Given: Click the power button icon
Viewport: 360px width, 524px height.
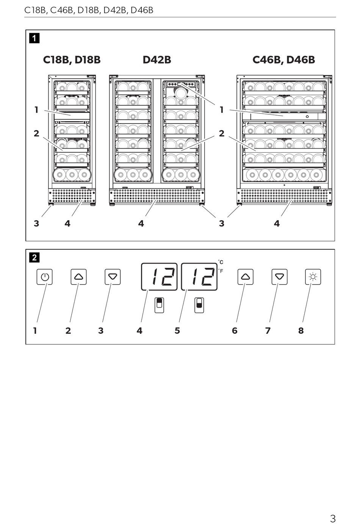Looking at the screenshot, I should (x=45, y=277).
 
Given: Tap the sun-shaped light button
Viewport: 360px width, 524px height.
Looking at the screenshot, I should (x=313, y=277).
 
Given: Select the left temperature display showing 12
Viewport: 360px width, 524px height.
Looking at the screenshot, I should (x=160, y=277).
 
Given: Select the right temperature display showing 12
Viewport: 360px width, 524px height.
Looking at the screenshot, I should (x=199, y=277).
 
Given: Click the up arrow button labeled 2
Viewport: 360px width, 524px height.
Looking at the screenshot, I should (x=78, y=277).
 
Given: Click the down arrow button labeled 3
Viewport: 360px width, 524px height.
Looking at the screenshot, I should (x=113, y=277).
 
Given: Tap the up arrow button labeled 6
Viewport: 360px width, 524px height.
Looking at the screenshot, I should (x=245, y=277).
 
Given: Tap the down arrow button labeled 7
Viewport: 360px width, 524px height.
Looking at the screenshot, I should (x=279, y=277).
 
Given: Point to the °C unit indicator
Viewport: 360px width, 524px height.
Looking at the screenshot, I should (x=221, y=262).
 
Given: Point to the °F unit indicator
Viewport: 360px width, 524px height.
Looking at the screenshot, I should (x=221, y=271).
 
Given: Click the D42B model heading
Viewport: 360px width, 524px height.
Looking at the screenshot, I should (x=157, y=60).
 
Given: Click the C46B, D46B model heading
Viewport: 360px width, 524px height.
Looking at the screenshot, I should (x=283, y=60).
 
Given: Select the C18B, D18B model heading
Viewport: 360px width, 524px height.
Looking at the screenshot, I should (x=72, y=60).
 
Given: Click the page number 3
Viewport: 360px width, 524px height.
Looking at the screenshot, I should (x=332, y=518).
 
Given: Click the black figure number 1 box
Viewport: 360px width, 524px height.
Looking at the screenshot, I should (x=34, y=38).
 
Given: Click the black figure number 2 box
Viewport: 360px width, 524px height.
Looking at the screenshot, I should (x=34, y=258).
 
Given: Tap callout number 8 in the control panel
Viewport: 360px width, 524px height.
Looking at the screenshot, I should (x=301, y=331).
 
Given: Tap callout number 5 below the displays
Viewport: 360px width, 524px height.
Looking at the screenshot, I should (x=177, y=331).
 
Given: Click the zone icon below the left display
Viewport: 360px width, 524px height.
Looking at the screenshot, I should (x=160, y=305).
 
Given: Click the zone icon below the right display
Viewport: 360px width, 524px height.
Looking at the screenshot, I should (x=199, y=305).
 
